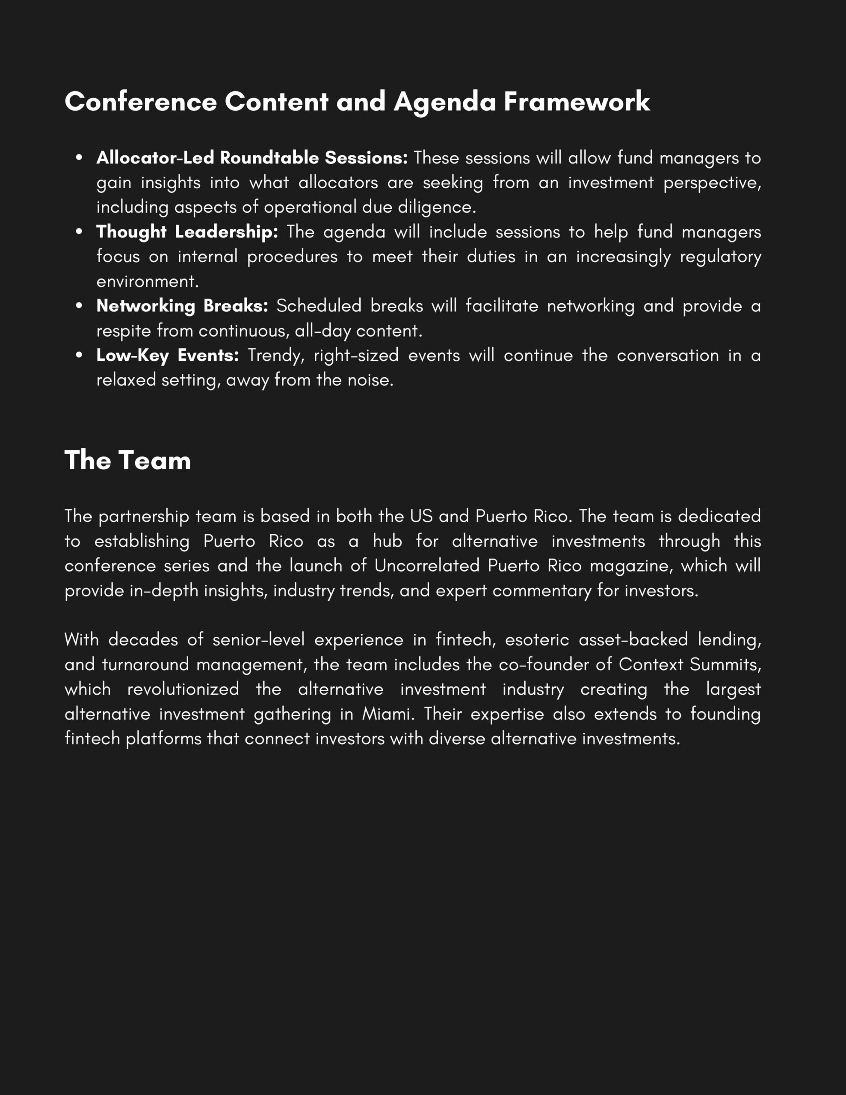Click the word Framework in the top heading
[x=577, y=102]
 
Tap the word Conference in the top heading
[x=140, y=102]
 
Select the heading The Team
[x=128, y=460]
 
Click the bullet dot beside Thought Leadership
[x=79, y=232]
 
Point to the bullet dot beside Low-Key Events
[x=79, y=355]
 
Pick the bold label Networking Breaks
[x=182, y=306]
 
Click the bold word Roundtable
[x=269, y=158]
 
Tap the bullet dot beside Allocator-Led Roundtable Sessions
[x=79, y=158]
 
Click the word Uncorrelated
[x=427, y=565]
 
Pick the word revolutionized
[x=183, y=689]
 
